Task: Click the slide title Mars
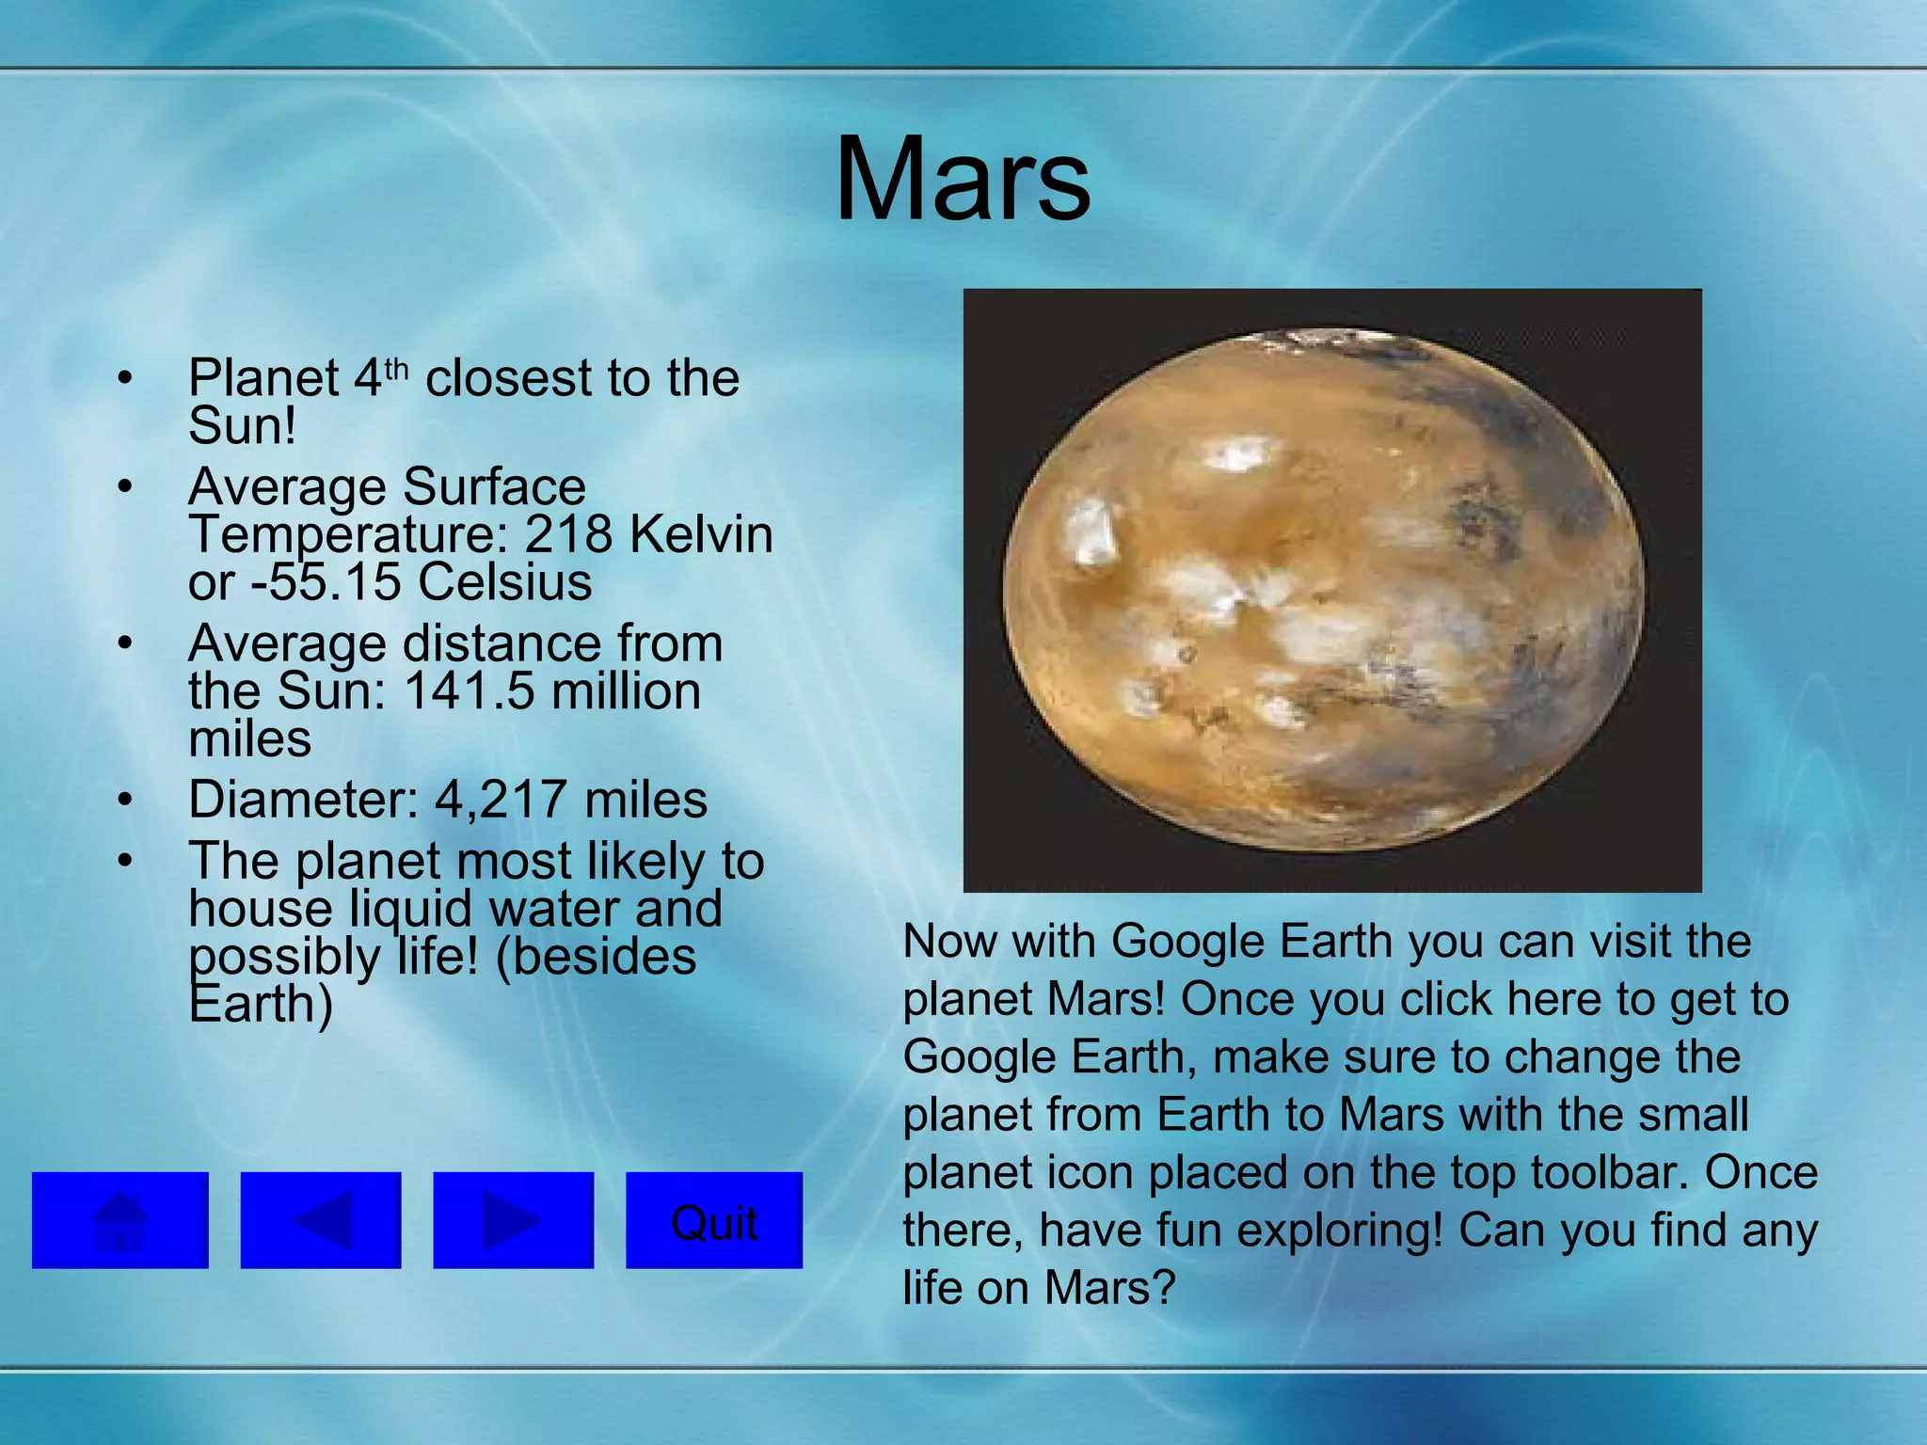point(963,180)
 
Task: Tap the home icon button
point(120,1220)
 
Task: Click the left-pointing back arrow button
point(321,1220)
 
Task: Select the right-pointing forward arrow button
point(513,1220)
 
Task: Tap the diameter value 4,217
point(502,800)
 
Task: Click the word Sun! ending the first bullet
point(243,425)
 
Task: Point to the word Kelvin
point(701,534)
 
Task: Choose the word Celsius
point(505,581)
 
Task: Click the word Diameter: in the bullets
point(303,800)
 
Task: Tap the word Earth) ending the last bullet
point(261,1004)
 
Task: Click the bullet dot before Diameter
point(125,800)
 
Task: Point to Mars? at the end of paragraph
point(1110,1288)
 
